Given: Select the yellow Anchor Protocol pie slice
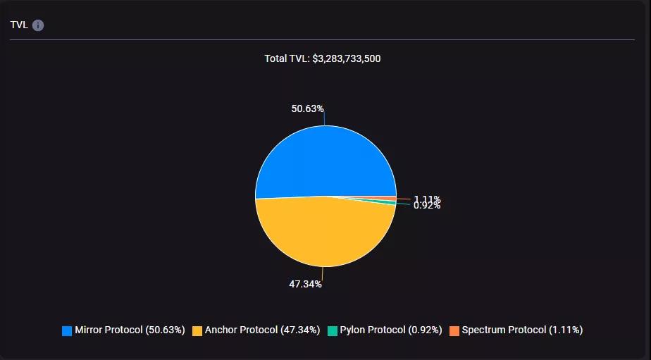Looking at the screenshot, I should [324, 232].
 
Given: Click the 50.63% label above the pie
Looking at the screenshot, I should [307, 108].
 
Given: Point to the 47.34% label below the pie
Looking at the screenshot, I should [305, 284].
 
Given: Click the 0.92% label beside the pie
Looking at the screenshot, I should [427, 206].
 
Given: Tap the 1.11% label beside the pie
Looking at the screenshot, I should [427, 199].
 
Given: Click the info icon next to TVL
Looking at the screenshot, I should [38, 25].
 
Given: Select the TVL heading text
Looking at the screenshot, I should [19, 25].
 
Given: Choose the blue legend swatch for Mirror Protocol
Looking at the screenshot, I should [67, 330].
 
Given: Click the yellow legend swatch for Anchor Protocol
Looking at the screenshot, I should [197, 330].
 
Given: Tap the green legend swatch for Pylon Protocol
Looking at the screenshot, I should [333, 330].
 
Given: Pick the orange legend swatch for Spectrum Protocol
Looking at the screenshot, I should [454, 330].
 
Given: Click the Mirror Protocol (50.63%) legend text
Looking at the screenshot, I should [130, 330].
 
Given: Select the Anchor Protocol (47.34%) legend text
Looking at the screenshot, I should [262, 330].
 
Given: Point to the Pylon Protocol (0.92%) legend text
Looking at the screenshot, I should [391, 330].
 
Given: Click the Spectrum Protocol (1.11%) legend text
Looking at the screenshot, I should [522, 330].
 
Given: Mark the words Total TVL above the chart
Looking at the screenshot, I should [286, 58].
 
